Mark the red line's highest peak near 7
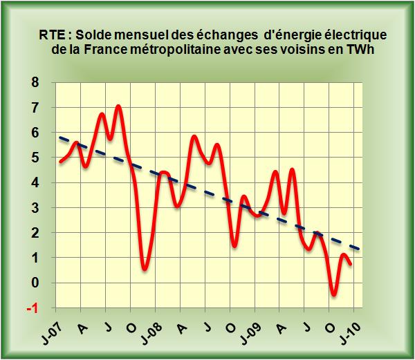pyautogui.click(x=118, y=106)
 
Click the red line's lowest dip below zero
pyautogui.click(x=334, y=295)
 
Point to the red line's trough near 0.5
pyautogui.click(x=144, y=269)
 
